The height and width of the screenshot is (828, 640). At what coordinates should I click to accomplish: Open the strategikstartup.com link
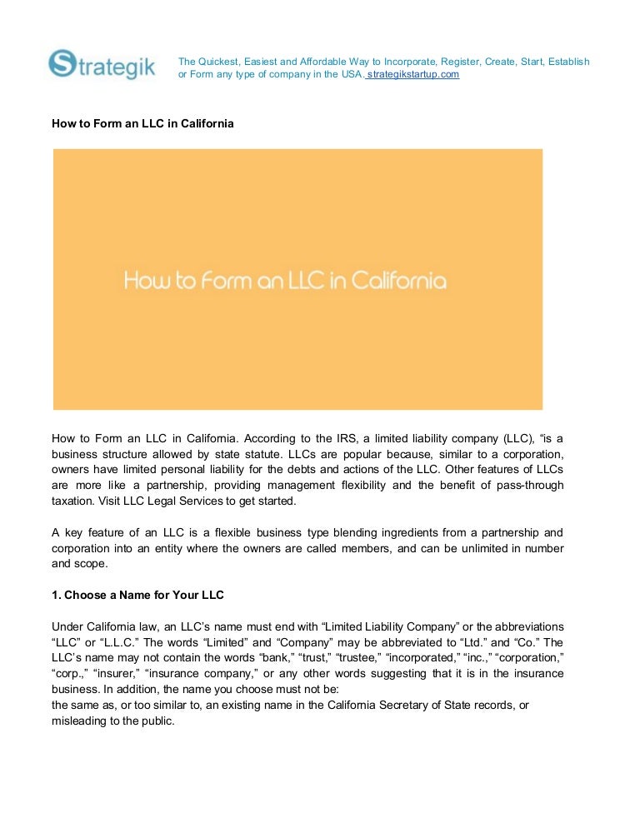click(x=413, y=74)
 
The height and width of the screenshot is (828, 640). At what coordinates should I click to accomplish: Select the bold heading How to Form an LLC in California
click(x=142, y=124)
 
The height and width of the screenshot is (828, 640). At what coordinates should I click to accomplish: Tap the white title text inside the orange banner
click(x=285, y=281)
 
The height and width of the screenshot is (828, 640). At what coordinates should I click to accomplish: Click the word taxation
click(x=73, y=501)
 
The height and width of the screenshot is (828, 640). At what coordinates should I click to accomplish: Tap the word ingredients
click(x=389, y=532)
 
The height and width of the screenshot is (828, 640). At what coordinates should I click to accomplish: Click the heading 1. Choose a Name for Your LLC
click(x=137, y=596)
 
